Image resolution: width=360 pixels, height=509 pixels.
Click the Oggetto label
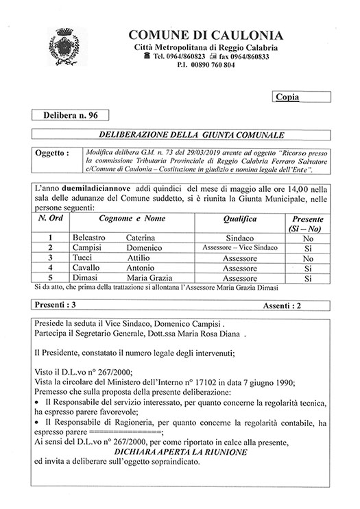51,154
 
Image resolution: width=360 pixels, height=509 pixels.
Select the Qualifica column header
239,219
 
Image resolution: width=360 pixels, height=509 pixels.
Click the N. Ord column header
51,219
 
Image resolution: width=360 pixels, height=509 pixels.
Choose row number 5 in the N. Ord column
50,279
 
